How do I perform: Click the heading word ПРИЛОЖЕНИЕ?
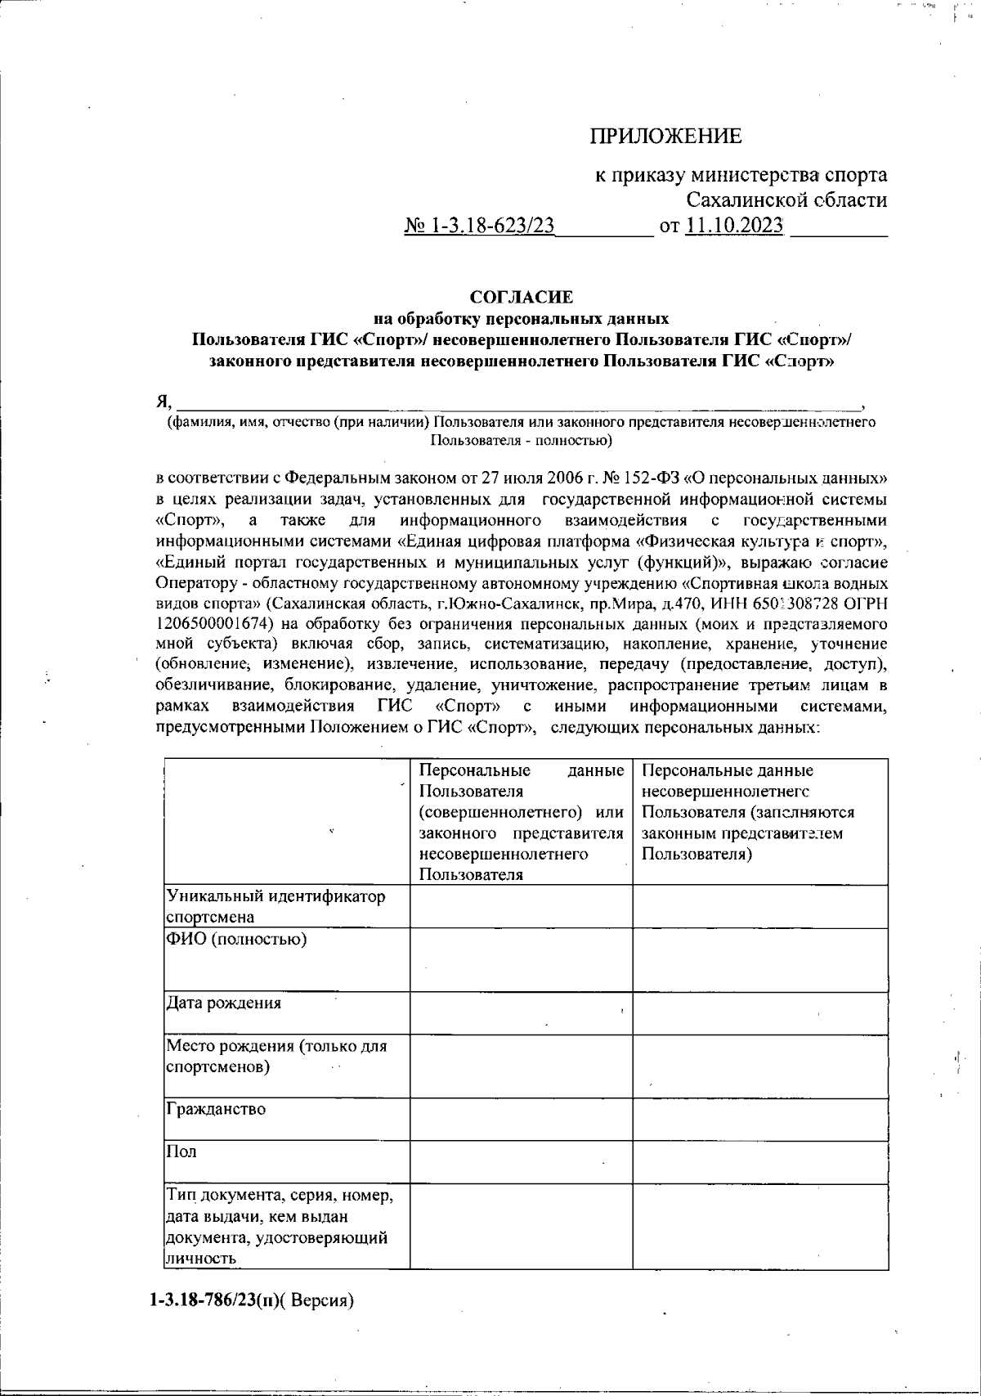pyautogui.click(x=665, y=136)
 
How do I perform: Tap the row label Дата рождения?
pyautogui.click(x=223, y=1003)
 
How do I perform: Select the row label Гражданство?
pyautogui.click(x=216, y=1110)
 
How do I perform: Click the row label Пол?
pyautogui.click(x=181, y=1152)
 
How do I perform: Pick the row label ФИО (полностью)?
pyautogui.click(x=236, y=940)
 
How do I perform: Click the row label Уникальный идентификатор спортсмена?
pyautogui.click(x=275, y=906)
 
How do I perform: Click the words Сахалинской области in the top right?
pyautogui.click(x=786, y=200)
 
